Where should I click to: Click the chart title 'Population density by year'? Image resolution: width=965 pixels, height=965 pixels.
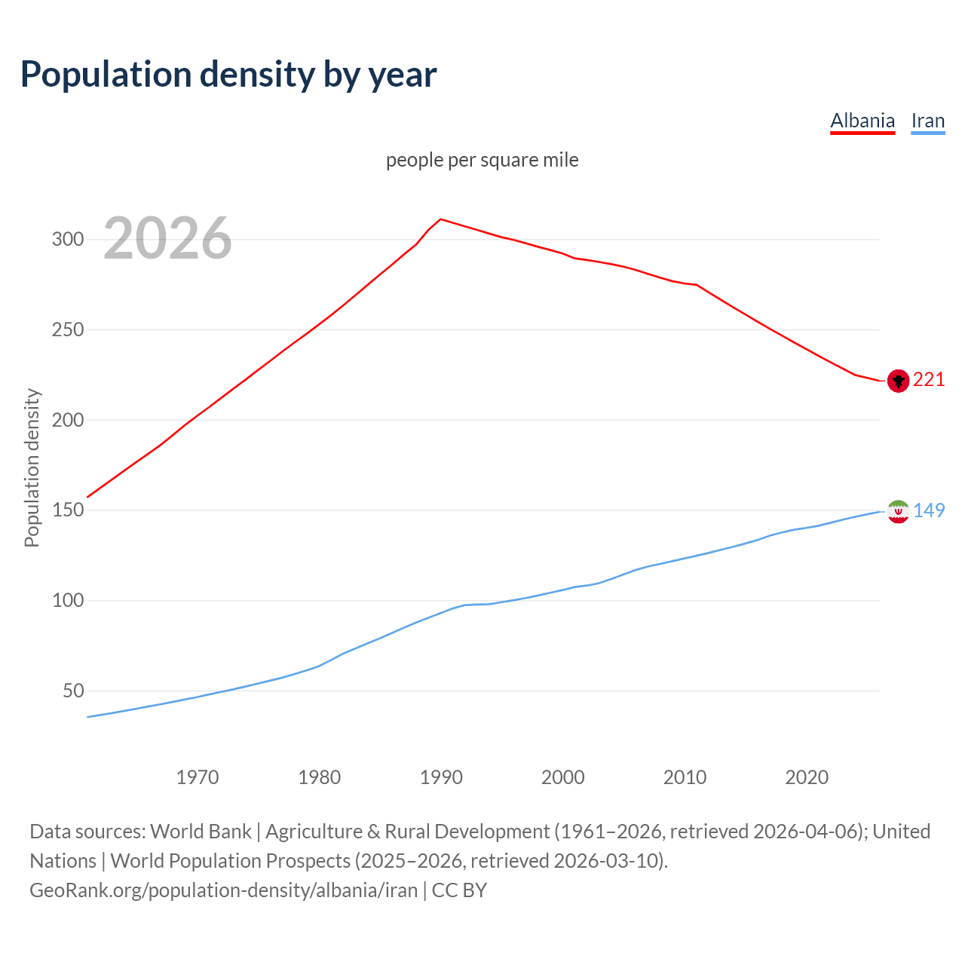[x=228, y=74]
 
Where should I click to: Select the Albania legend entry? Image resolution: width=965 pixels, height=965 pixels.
[x=862, y=121]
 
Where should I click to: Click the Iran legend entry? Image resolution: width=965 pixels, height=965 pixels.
[x=927, y=121]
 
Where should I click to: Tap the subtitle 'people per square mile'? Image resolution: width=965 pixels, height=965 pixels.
[x=482, y=160]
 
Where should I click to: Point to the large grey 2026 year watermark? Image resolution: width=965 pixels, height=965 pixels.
[x=167, y=238]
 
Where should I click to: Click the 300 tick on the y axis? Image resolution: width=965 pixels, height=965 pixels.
[x=67, y=240]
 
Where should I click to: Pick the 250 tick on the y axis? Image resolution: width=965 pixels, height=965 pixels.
[x=67, y=330]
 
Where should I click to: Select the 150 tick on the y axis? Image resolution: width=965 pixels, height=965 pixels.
[x=67, y=510]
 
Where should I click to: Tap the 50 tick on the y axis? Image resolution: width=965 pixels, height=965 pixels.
[x=72, y=691]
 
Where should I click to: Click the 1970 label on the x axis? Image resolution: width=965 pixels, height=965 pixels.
[x=198, y=777]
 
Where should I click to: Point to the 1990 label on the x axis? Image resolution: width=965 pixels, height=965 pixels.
[x=441, y=777]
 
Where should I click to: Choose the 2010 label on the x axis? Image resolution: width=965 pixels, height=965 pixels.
[x=685, y=777]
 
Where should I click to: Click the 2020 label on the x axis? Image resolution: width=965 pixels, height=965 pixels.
[x=807, y=777]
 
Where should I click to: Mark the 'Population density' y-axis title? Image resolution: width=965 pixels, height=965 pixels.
[x=32, y=467]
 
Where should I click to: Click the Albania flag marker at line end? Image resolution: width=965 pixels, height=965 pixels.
[x=898, y=381]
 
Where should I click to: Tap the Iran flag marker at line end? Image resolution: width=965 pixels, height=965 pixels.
[x=898, y=511]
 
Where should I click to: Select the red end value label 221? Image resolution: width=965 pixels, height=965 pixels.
[x=929, y=379]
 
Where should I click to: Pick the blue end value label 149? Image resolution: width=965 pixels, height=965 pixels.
[x=929, y=510]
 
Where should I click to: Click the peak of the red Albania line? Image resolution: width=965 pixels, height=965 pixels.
[x=441, y=219]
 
